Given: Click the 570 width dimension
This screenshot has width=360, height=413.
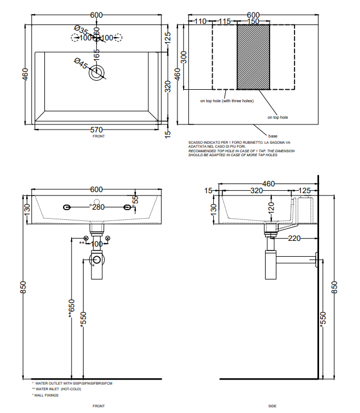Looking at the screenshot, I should pos(97,130).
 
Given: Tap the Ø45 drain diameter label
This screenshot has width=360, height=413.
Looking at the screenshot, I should pos(81,64).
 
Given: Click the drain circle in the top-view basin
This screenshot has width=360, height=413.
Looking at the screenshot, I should pos(97,72).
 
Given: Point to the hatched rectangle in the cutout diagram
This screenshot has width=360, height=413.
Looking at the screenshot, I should pos(253,57).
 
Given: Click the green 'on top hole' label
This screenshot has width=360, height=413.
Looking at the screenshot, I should pos(278,117).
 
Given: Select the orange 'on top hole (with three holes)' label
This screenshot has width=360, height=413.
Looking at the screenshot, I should pos(226,101).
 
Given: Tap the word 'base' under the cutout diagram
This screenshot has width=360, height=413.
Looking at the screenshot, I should pos(273,136).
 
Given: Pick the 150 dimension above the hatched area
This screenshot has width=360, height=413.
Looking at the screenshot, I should pos(253,21).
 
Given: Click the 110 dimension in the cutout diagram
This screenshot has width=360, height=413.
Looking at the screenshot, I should pos(200,21).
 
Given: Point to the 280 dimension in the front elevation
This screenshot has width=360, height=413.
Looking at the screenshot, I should pos(98,207).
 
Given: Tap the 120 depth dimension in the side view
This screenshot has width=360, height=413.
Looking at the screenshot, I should pos(272,208).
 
